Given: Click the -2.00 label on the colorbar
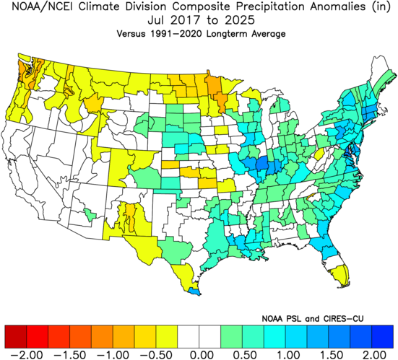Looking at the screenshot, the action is (x=27, y=354).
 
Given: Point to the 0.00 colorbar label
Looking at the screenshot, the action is (x=199, y=354).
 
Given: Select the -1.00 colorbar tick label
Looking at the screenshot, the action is (x=113, y=354).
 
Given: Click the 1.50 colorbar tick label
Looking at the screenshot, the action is (x=329, y=354).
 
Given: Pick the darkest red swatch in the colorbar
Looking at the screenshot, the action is (x=16, y=337).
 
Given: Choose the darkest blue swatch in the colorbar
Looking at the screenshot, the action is (x=382, y=337).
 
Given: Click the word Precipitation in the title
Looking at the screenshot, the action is (x=270, y=6).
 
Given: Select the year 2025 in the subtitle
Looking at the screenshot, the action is (x=239, y=20).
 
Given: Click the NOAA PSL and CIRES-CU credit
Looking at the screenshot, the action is (x=313, y=318).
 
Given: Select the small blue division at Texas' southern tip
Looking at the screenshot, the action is (x=194, y=291).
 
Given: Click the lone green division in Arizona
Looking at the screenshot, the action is (x=90, y=214).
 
